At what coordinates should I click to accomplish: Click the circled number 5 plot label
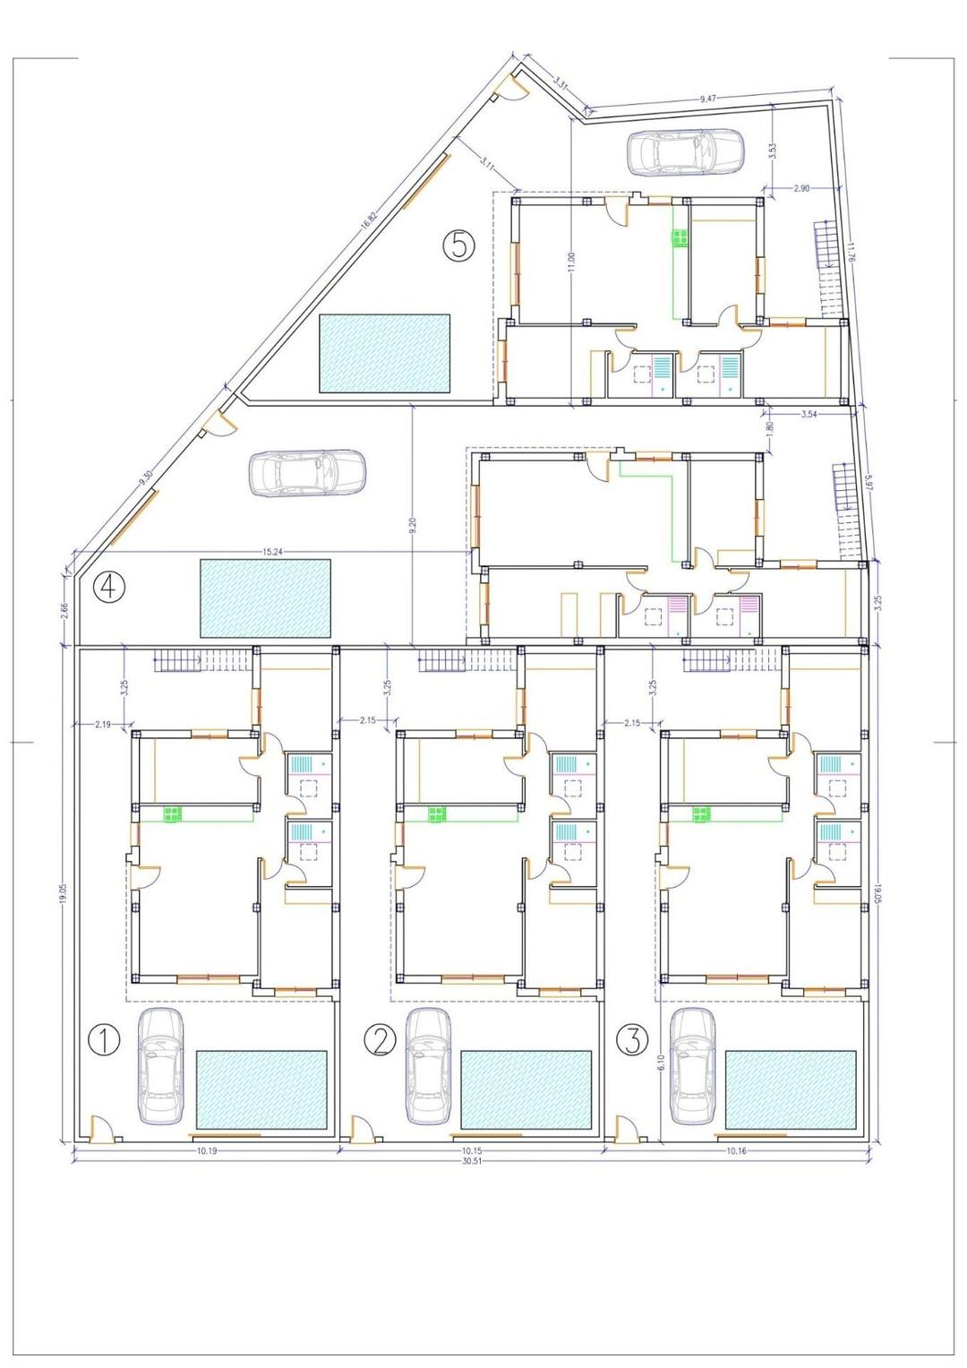(458, 244)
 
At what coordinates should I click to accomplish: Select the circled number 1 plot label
(105, 1041)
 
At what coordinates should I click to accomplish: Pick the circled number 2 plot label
(380, 1041)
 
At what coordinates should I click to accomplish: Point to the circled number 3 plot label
(633, 1040)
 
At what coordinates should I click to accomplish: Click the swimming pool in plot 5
(384, 353)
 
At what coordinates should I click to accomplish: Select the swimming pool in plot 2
(526, 1089)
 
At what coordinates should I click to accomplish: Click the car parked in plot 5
(685, 151)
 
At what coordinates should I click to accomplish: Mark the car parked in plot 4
(307, 472)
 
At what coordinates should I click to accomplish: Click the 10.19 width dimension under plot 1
(205, 1150)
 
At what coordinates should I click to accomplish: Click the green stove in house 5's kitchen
(680, 237)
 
